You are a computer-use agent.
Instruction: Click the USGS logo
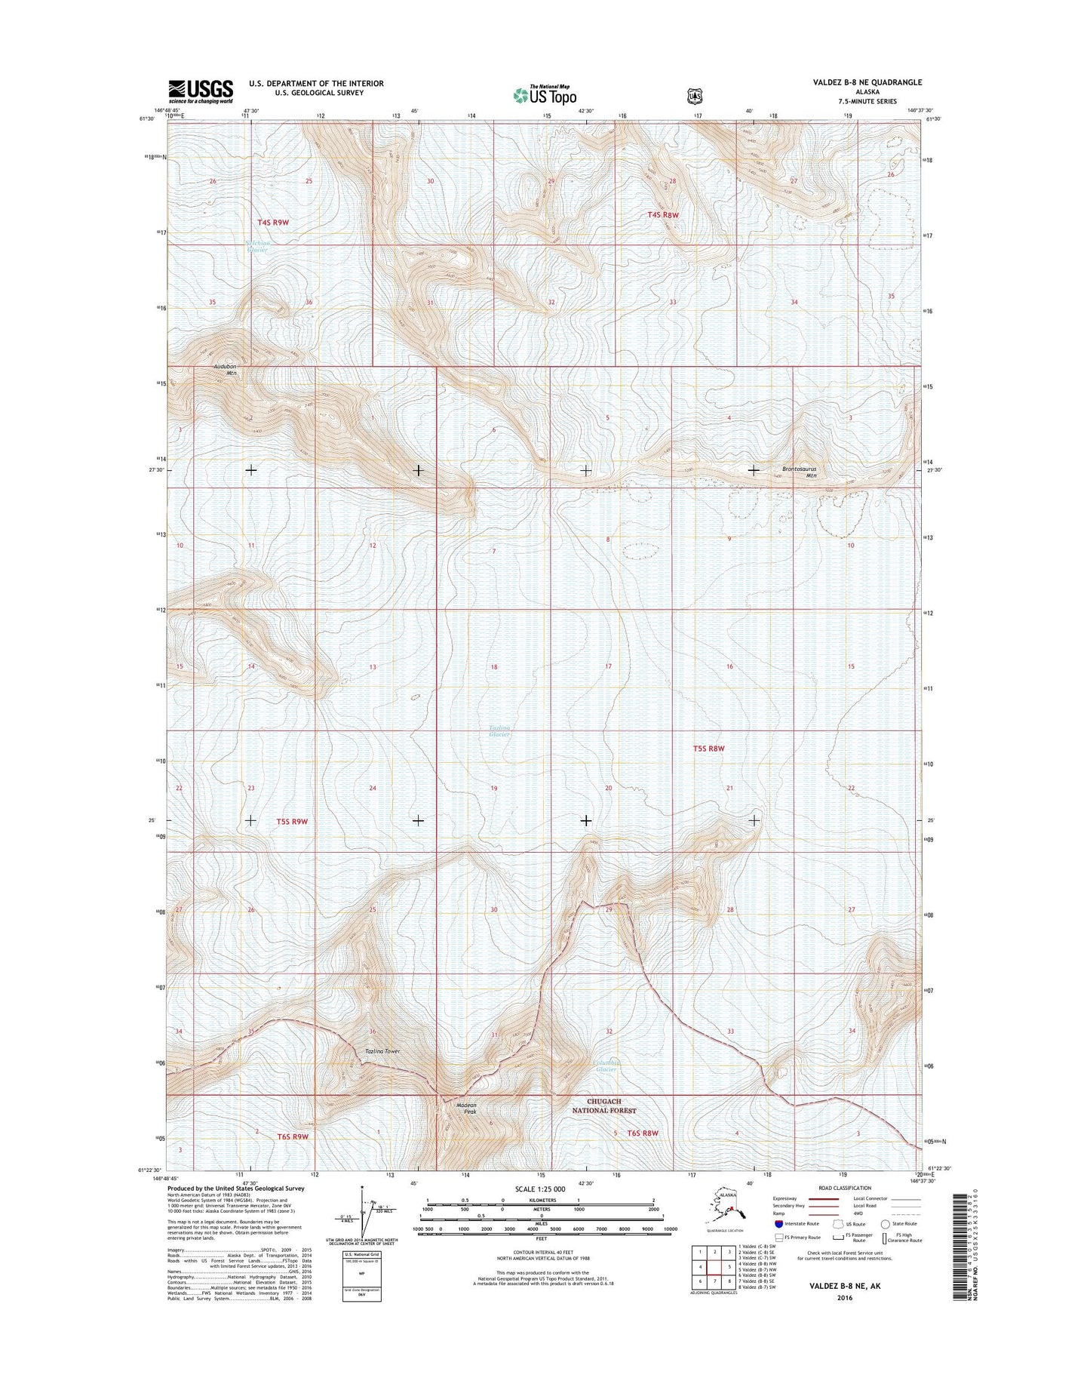click(200, 91)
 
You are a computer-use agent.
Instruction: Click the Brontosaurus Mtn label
click(800, 472)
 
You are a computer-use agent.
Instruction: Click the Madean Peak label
click(466, 1109)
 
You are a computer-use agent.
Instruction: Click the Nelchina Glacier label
click(256, 245)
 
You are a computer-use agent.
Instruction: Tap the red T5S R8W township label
click(708, 749)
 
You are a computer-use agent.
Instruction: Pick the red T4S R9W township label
click(272, 223)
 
